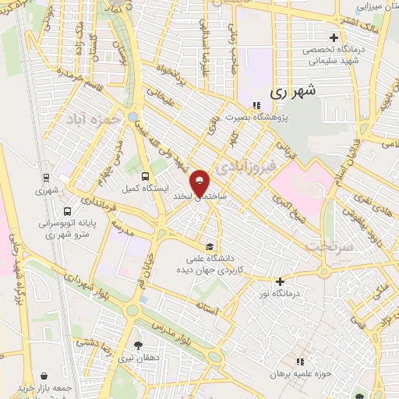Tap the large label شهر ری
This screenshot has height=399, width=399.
point(295,92)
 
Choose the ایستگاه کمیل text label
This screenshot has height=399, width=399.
point(142,189)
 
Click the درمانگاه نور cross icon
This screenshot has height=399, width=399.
point(280,281)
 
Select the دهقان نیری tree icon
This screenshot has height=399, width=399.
point(139,345)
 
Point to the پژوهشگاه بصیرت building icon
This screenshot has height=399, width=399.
point(257,107)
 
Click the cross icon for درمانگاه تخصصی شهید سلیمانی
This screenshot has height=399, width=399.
point(334,37)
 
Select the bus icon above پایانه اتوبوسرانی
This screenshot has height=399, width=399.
point(67,210)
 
